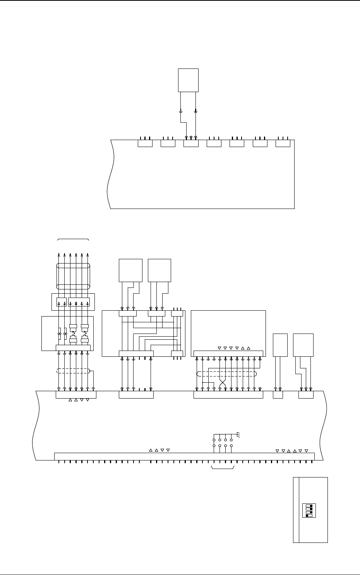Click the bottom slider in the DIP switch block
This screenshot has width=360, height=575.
tap(309, 516)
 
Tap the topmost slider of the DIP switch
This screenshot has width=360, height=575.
tap(309, 506)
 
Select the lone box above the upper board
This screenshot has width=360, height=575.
tap(188, 80)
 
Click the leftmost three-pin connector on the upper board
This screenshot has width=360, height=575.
tap(145, 144)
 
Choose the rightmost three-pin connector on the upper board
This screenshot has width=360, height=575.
tap(283, 144)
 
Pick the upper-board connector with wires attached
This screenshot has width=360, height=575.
tap(191, 144)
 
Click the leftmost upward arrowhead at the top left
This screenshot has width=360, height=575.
tap(59, 255)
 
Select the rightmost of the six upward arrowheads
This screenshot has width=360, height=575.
tap(88, 255)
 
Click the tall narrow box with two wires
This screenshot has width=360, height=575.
tap(280, 345)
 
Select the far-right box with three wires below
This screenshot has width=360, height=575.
tap(303, 345)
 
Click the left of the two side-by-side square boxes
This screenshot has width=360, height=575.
tap(130, 270)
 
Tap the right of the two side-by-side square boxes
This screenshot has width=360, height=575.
tap(159, 270)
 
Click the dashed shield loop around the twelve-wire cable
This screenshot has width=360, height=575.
tap(226, 375)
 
